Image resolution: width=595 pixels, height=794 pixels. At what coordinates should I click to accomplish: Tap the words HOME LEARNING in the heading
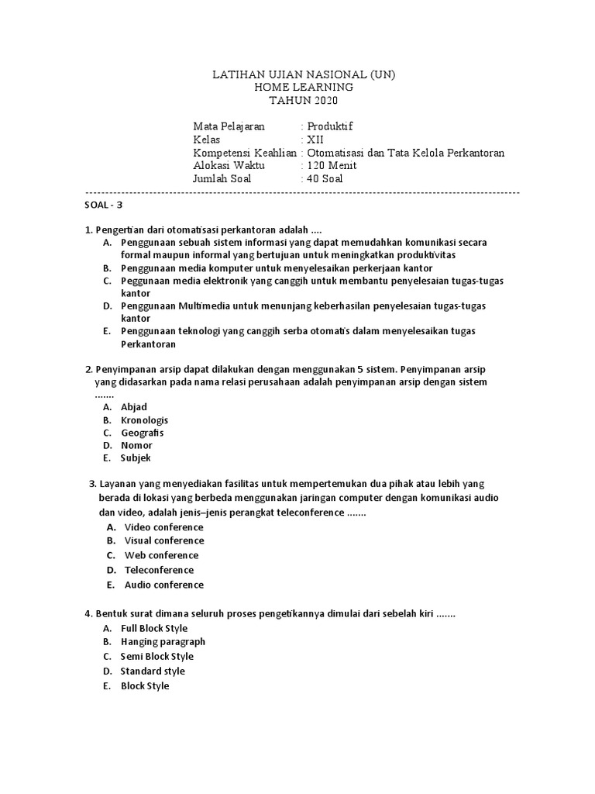click(x=304, y=88)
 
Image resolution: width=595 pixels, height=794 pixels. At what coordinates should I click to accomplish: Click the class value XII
click(x=316, y=140)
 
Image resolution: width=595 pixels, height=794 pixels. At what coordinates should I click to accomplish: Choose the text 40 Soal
click(x=325, y=179)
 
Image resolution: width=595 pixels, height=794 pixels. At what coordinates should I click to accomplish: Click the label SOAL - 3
click(x=103, y=205)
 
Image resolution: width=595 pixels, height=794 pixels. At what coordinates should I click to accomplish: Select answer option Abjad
click(x=133, y=407)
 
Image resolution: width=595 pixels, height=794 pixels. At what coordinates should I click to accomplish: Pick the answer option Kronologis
click(x=144, y=420)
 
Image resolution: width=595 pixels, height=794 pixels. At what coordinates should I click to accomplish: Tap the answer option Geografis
click(x=142, y=433)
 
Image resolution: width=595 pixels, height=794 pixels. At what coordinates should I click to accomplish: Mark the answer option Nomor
click(x=136, y=445)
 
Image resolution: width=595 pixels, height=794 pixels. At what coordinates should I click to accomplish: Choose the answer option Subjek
click(x=136, y=458)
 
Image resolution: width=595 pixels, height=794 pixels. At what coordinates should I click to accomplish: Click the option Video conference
click(x=163, y=527)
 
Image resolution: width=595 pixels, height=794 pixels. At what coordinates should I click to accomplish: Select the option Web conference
click(x=161, y=555)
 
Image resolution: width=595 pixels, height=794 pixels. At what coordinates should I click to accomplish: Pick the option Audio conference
click(x=163, y=585)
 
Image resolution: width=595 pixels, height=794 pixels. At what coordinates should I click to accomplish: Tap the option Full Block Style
click(x=154, y=628)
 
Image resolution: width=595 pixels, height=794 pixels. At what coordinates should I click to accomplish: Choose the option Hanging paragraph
click(x=163, y=642)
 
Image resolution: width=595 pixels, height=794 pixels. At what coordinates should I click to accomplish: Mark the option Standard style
click(x=153, y=671)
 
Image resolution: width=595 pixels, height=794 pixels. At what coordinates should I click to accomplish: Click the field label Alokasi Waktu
click(x=229, y=166)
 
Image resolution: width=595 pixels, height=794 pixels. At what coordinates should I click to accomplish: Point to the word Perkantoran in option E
click(x=148, y=343)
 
